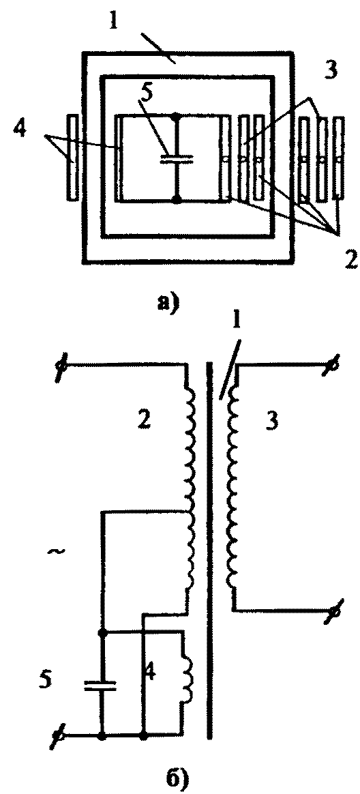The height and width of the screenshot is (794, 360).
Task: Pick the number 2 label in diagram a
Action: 350,259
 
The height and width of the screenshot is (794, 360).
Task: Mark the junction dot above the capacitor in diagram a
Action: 176,117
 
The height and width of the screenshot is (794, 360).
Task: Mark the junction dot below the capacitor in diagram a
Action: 176,200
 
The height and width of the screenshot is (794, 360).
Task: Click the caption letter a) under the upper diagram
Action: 166,303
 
